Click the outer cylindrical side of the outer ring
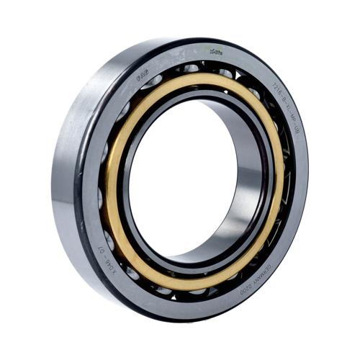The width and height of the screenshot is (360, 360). click(65, 180)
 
